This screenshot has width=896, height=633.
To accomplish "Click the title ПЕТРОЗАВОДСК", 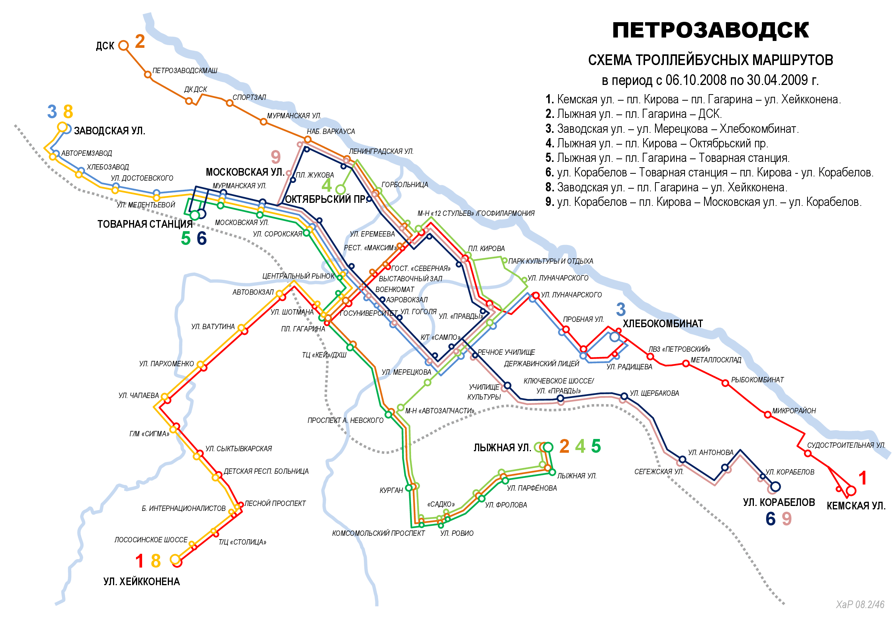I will (x=710, y=30).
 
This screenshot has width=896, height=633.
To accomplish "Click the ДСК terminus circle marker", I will (x=123, y=46).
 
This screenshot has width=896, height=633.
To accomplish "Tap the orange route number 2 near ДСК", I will (x=140, y=42).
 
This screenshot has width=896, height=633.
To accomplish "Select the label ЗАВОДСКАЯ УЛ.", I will (x=109, y=131).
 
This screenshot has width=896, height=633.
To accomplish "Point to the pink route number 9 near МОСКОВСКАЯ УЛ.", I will (x=275, y=157).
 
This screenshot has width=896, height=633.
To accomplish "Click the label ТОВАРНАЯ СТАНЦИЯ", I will (x=145, y=225).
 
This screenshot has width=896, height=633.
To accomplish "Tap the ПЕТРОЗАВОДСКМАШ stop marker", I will (x=148, y=75).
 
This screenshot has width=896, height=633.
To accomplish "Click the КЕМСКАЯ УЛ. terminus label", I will (x=856, y=506).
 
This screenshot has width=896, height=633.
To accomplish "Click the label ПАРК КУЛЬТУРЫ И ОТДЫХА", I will (x=550, y=261).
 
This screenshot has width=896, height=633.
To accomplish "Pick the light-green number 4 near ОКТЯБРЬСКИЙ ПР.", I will (x=326, y=186).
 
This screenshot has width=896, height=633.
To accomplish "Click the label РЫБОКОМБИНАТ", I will (x=757, y=380).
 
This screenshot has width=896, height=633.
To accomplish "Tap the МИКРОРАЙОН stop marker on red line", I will (x=768, y=415).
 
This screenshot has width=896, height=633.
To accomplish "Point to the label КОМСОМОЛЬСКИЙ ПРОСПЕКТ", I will (x=378, y=533).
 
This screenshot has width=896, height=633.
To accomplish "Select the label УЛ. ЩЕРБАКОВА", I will (x=654, y=394).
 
